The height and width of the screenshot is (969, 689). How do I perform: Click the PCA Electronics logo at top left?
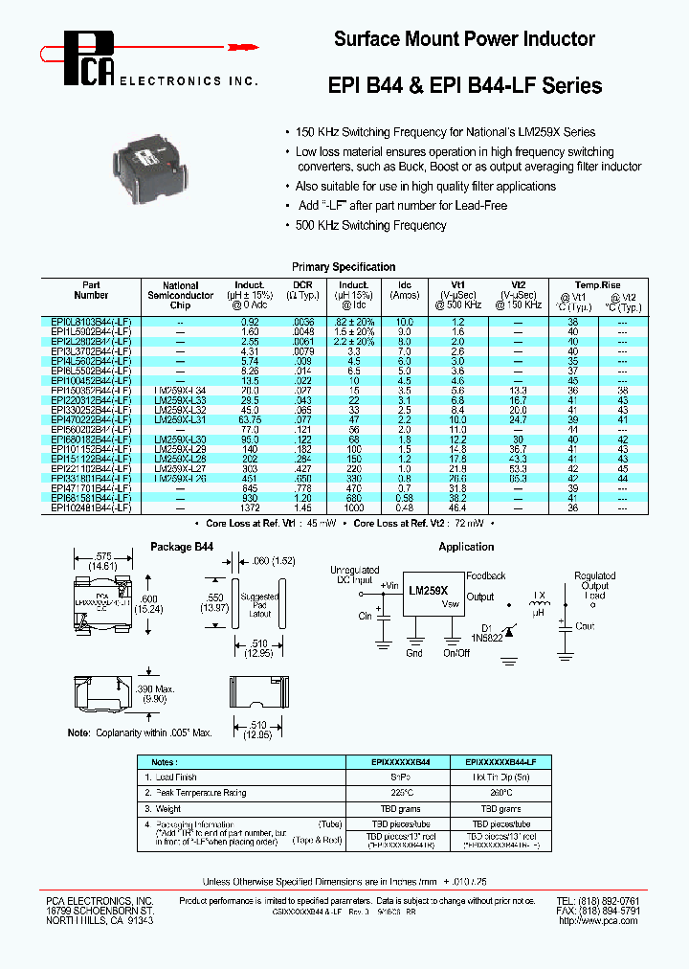[x=91, y=57]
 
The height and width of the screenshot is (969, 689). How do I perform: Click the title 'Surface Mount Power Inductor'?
[x=464, y=39]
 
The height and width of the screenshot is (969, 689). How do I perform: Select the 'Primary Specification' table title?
[x=344, y=267]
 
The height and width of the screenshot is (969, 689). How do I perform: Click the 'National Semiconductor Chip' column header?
[x=180, y=295]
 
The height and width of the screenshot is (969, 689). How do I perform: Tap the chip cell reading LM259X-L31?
[x=180, y=419]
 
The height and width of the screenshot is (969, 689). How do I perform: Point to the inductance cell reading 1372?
[x=251, y=508]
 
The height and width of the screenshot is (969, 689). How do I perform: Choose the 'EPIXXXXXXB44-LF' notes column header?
[x=505, y=762]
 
